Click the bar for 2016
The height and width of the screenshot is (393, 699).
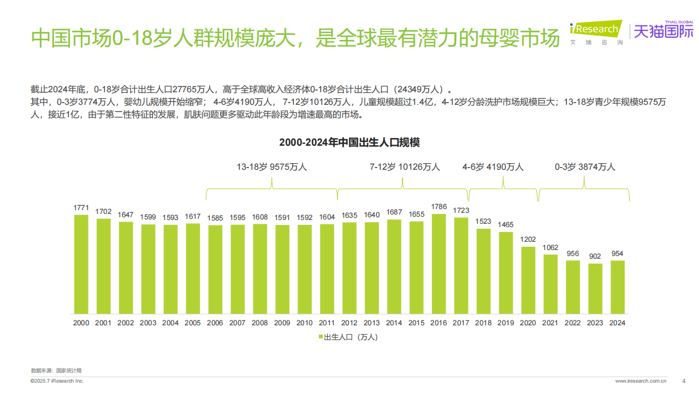point(439,264)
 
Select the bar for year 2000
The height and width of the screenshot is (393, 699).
point(81,264)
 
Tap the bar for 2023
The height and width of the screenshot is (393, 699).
point(595,289)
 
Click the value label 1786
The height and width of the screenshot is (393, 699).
point(439,207)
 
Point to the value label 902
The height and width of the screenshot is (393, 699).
point(595,257)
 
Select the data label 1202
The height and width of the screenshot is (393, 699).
point(528,240)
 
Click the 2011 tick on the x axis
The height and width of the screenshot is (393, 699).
point(327,323)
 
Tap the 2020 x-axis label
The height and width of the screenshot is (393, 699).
point(528,323)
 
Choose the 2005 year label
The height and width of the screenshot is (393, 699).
point(192,323)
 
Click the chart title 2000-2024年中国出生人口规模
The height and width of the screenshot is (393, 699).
point(349,142)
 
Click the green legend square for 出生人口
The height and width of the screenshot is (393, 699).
point(321,337)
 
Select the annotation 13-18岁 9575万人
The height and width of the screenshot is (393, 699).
point(271,167)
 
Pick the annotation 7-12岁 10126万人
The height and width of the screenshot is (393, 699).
point(404,167)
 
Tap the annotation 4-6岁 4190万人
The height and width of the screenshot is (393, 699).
point(493,167)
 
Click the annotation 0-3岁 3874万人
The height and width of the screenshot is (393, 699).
point(584,167)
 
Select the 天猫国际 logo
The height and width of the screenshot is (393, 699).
point(662,32)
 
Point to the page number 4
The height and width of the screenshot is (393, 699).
point(684,381)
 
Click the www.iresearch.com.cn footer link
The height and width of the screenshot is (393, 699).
point(641,381)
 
